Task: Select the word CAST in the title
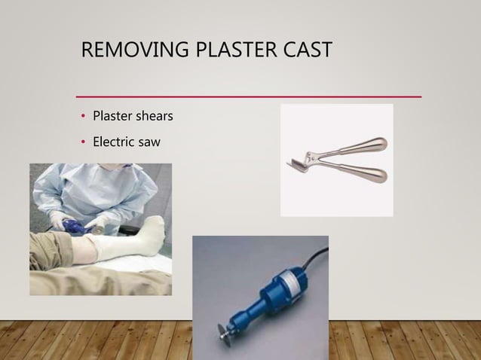tap(306, 50)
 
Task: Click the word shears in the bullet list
tap(155, 117)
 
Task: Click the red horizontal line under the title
tap(249, 97)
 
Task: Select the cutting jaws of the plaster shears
tap(298, 161)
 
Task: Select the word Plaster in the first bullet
tap(112, 117)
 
